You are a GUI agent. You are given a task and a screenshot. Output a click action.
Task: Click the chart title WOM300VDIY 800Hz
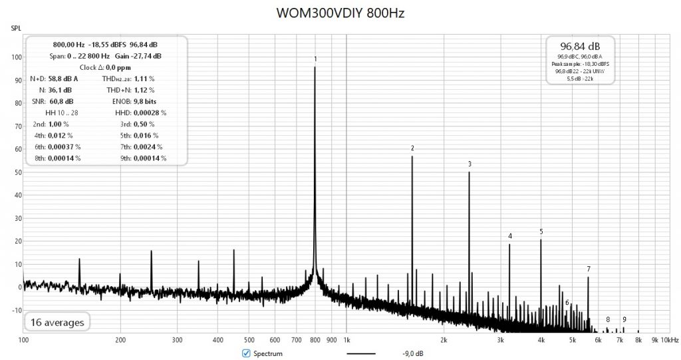(x=340, y=14)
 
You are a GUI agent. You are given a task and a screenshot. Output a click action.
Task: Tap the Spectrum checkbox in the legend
(x=246, y=353)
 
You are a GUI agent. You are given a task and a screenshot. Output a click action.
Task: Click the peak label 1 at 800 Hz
(x=315, y=59)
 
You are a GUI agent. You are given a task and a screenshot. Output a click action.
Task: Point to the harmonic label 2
(x=412, y=148)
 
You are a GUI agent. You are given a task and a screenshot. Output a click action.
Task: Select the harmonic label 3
(x=470, y=164)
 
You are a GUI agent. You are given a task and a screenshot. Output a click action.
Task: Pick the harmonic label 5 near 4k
(x=541, y=232)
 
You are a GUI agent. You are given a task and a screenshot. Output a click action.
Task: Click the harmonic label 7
(x=589, y=269)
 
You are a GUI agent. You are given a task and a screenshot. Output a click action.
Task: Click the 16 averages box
(x=57, y=323)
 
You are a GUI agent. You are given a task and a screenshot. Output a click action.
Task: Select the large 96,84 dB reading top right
(x=581, y=47)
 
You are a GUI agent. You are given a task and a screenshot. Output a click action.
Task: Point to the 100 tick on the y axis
(x=14, y=57)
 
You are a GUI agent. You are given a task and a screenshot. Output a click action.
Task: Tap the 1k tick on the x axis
(x=346, y=340)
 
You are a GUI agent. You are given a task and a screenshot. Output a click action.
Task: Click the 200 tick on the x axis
(x=120, y=340)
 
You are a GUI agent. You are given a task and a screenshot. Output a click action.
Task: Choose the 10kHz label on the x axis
(x=670, y=340)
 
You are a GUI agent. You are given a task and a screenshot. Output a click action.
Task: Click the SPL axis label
(x=15, y=29)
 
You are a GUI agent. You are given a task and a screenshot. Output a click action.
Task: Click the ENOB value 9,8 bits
(x=148, y=102)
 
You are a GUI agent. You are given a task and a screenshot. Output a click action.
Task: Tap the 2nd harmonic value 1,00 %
(x=59, y=124)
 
